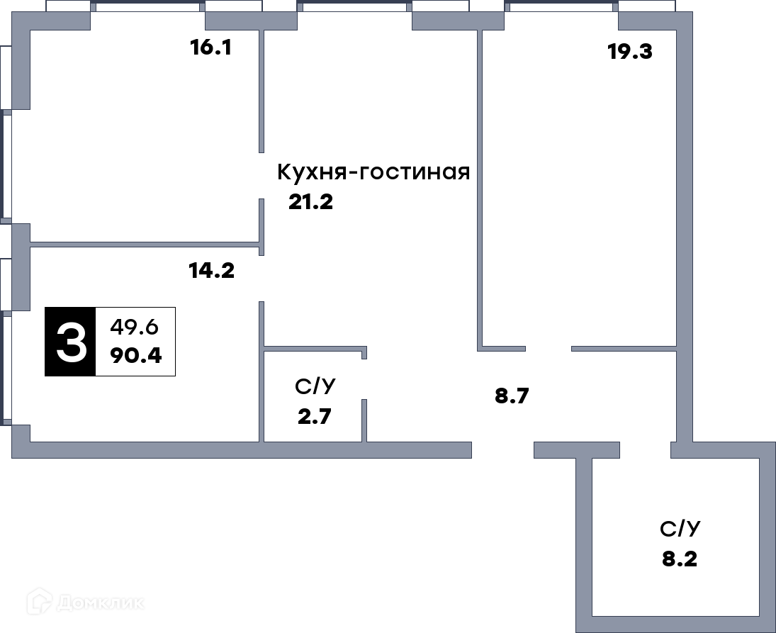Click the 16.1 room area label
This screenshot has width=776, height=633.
[x=210, y=47]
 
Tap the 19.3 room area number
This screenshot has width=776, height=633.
[x=630, y=52]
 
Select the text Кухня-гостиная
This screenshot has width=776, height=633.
[x=373, y=172]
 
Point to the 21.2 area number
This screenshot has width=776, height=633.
[x=311, y=202]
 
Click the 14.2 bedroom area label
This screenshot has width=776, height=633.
[x=212, y=271]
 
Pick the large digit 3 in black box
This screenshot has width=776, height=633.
[x=71, y=342]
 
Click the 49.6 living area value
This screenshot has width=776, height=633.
[x=134, y=327]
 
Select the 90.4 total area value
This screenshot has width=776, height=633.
[x=136, y=355]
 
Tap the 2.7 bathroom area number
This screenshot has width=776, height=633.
[x=314, y=416]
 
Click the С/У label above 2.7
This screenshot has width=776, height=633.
[x=315, y=386]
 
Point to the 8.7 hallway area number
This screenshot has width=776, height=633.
[x=512, y=396]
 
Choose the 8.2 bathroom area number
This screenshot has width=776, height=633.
[x=680, y=559]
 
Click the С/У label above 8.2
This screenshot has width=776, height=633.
[x=680, y=529]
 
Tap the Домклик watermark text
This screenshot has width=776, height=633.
[x=101, y=603]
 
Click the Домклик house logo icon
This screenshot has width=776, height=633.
[x=39, y=601]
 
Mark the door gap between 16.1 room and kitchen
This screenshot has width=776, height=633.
[x=262, y=176]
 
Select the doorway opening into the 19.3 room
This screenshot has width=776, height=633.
[x=549, y=349]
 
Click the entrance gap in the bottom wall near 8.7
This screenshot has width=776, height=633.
[x=502, y=450]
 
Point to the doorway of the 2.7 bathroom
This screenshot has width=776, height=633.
[x=364, y=379]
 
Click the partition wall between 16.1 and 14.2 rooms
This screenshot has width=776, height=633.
[x=145, y=244]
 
